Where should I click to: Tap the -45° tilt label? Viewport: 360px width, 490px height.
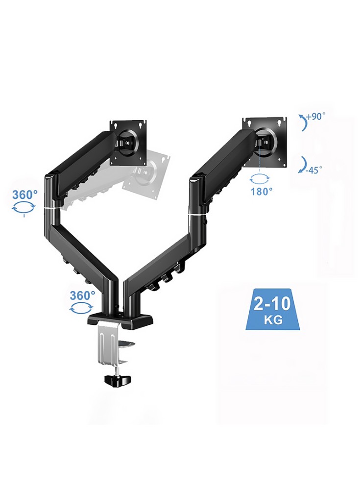(314, 171)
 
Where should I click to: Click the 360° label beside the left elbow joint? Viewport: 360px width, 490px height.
(24, 195)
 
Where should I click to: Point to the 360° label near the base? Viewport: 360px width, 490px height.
(82, 295)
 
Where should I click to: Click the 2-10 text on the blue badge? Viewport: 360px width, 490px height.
(272, 304)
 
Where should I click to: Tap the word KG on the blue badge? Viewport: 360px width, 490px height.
(273, 319)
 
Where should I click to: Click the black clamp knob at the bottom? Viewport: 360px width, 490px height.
(117, 380)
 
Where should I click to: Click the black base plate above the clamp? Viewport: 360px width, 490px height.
(121, 320)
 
